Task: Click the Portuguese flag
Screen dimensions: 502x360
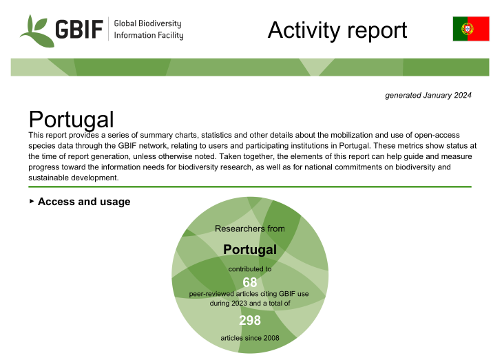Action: [x=471, y=29]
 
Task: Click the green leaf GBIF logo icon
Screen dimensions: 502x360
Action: [x=36, y=32]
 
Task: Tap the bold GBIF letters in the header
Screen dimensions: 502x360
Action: [x=79, y=29]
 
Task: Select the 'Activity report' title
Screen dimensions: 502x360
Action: [x=337, y=30]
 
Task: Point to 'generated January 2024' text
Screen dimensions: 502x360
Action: [x=428, y=96]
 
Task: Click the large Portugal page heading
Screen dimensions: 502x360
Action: [x=71, y=119]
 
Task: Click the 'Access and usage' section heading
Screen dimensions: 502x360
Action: [x=84, y=202]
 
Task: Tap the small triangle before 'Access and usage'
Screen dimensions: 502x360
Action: [x=32, y=201]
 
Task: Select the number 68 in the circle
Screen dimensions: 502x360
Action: [x=250, y=282]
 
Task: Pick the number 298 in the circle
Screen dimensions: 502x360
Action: [x=250, y=320]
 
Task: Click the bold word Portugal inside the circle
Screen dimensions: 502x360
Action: [x=250, y=250]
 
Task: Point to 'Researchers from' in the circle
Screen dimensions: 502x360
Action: [x=250, y=229]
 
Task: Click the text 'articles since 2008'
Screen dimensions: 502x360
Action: [x=250, y=338]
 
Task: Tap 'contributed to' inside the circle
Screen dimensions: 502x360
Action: [x=250, y=269]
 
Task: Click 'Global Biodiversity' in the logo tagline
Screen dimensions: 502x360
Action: [x=147, y=23]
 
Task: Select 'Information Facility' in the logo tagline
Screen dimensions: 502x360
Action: [x=149, y=35]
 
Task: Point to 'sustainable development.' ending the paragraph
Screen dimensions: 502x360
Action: [x=73, y=178]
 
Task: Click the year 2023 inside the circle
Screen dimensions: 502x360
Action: [x=239, y=303]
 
